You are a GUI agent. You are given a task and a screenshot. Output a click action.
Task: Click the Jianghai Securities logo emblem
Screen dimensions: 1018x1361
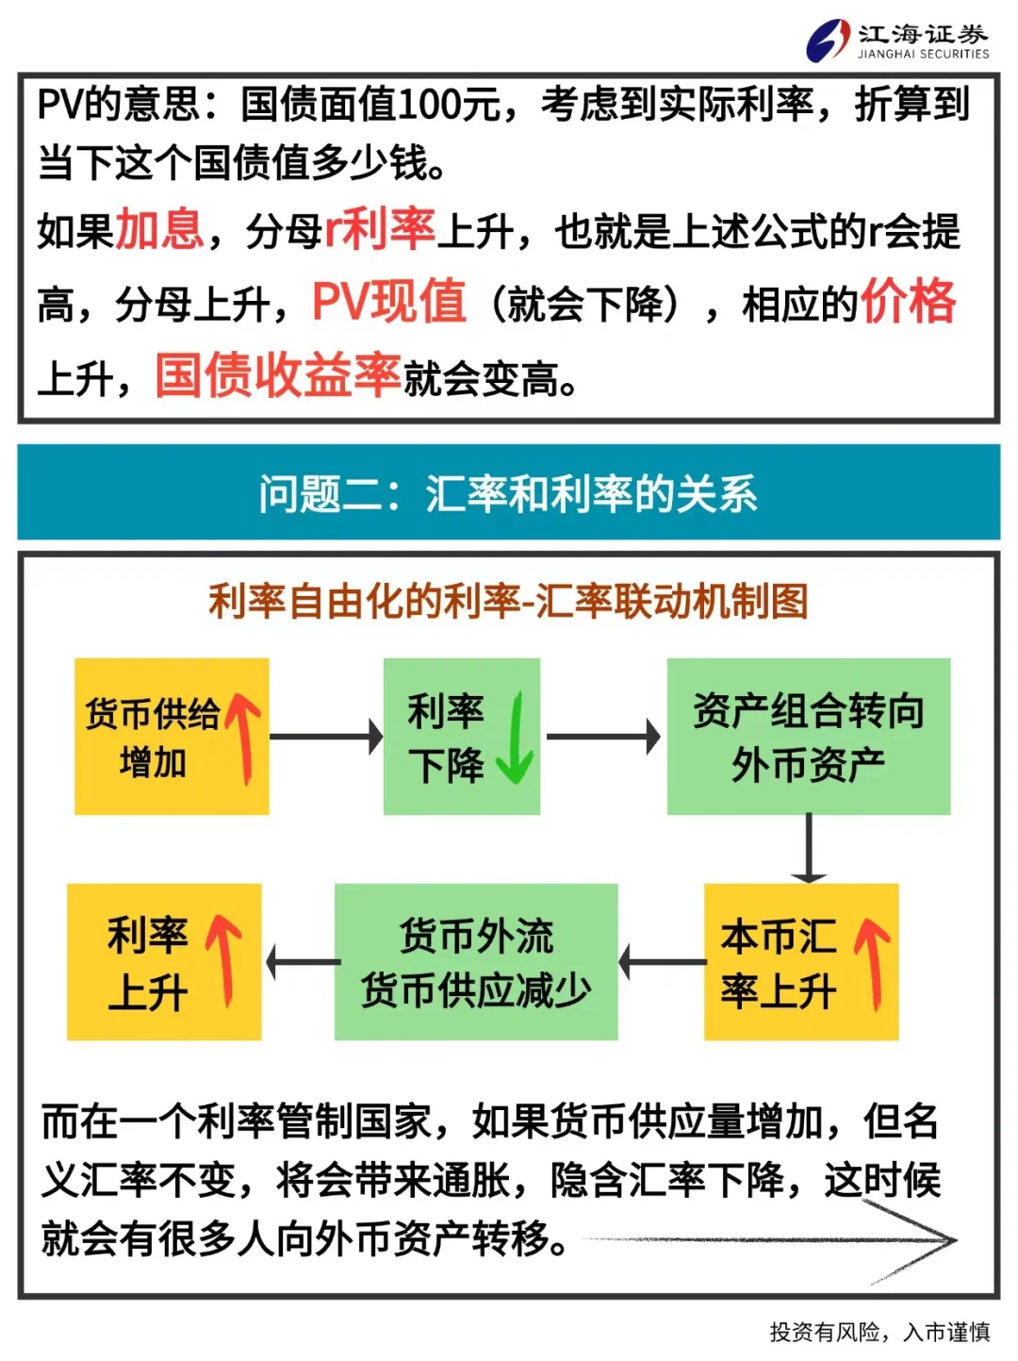click(x=828, y=40)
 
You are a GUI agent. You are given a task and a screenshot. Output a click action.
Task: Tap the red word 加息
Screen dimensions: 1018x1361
click(x=159, y=229)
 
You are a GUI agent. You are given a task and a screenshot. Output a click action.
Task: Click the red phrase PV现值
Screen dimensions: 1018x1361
click(x=389, y=301)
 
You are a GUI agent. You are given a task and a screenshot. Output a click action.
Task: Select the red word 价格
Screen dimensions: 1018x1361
click(x=909, y=301)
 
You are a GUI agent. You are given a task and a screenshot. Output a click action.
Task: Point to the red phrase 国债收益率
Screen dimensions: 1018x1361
click(x=278, y=375)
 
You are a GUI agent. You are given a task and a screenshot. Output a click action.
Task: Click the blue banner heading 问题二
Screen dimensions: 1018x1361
click(x=508, y=493)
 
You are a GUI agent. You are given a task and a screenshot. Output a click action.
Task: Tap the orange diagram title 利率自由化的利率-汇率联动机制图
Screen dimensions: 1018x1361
click(x=508, y=601)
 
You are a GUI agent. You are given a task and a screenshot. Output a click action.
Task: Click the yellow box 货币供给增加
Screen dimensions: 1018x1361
click(x=172, y=736)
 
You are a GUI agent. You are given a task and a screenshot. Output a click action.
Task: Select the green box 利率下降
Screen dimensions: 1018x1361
click(x=462, y=736)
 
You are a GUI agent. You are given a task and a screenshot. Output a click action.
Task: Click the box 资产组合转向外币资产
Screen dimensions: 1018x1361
click(x=809, y=736)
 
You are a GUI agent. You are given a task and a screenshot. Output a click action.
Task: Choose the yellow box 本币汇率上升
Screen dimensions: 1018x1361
click(x=801, y=962)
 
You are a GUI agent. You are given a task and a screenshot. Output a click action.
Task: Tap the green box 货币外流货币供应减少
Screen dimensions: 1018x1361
click(x=476, y=962)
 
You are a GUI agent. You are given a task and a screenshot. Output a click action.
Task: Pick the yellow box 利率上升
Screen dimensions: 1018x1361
click(x=164, y=962)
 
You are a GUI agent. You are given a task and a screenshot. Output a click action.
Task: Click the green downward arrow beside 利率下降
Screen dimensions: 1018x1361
click(x=516, y=738)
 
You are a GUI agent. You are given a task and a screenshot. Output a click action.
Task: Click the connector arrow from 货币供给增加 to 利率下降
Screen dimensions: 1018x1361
click(x=326, y=737)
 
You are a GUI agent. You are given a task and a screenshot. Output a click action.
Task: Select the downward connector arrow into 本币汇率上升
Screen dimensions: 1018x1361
click(x=809, y=848)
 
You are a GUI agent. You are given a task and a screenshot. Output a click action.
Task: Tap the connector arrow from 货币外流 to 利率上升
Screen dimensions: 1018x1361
click(x=303, y=962)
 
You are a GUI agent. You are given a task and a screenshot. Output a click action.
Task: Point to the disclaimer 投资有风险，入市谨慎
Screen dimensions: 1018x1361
click(x=879, y=1332)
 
